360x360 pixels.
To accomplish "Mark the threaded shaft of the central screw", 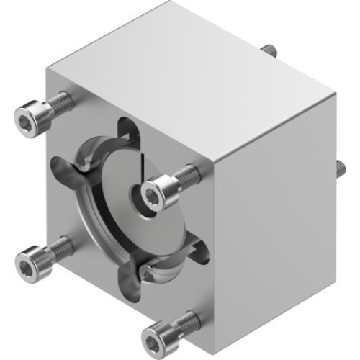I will click(185, 174).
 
